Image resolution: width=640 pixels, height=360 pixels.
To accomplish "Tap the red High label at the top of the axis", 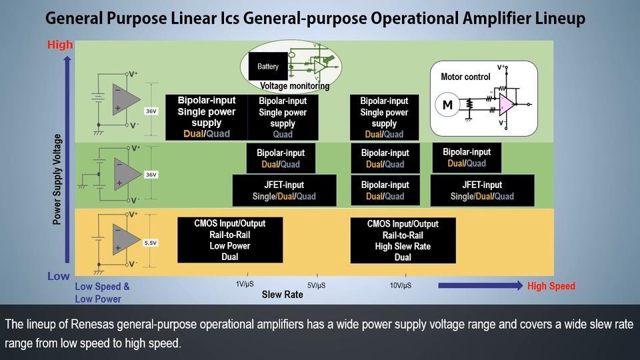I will tap(60, 45).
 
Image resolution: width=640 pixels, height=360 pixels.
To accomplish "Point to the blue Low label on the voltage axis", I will tap(59, 276).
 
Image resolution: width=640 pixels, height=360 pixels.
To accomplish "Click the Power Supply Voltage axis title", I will tap(57, 179).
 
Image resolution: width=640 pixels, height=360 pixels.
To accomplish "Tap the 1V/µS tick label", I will tap(245, 285).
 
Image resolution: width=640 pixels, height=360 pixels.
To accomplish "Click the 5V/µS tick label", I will tap(316, 285).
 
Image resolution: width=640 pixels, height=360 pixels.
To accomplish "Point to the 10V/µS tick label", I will tap(400, 285).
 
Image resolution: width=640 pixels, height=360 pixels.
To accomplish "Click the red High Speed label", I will tap(551, 286).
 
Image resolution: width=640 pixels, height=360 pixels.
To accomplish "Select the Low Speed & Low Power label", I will tap(102, 293).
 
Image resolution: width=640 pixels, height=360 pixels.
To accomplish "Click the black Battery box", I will tap(268, 67).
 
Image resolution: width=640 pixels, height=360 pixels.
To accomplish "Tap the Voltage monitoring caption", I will tap(294, 86).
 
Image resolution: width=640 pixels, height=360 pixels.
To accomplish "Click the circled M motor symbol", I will tap(447, 105).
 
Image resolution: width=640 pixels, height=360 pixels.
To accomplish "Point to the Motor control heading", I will tap(465, 77).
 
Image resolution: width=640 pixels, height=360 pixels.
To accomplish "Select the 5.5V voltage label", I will tap(151, 243).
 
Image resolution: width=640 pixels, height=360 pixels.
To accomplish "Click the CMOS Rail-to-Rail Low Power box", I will tap(230, 240).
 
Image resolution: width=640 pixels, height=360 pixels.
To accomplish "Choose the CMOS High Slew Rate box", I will tap(403, 241).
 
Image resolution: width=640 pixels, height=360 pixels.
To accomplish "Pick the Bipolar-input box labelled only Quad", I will tap(282, 117).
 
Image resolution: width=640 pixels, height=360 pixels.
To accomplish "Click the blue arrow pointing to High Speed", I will tap(480, 285).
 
